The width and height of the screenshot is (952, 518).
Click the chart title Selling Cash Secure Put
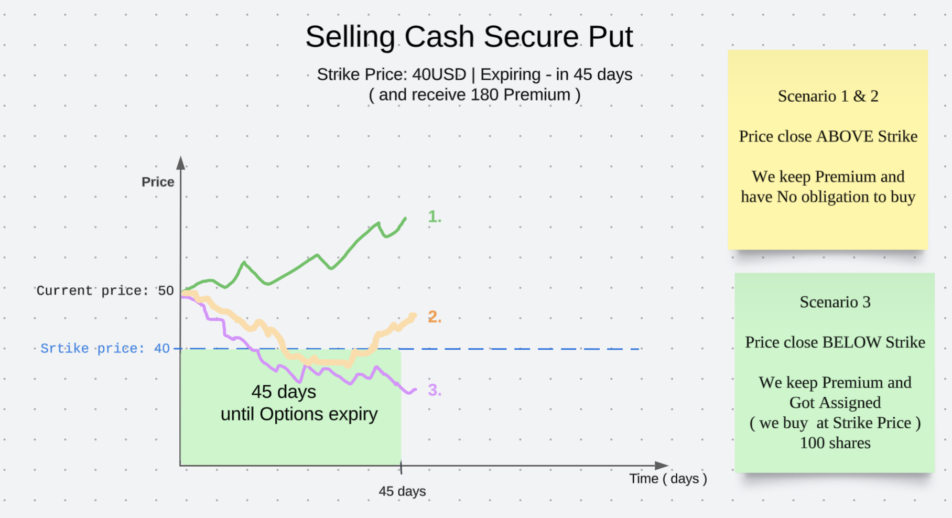(x=469, y=37)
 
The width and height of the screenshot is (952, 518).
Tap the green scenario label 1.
(x=435, y=217)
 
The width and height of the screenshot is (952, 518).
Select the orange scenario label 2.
(x=435, y=317)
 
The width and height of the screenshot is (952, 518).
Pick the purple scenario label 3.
(x=435, y=390)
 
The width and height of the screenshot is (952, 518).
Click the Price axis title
(x=158, y=182)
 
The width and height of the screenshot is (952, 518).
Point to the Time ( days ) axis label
(x=668, y=479)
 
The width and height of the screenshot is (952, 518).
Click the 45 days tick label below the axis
(x=402, y=491)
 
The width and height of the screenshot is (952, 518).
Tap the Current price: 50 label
(x=105, y=290)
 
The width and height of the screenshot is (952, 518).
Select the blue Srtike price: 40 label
(x=105, y=348)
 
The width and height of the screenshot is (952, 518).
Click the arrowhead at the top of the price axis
(x=181, y=162)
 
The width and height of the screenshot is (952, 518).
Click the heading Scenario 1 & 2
(x=828, y=96)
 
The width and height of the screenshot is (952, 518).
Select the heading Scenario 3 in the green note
(x=835, y=302)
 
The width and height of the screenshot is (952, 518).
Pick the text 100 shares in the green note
(x=835, y=443)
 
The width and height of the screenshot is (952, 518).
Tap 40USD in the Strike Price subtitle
(x=439, y=74)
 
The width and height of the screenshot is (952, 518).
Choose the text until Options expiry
(x=299, y=414)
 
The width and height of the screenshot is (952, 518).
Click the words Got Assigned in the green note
(x=835, y=403)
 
